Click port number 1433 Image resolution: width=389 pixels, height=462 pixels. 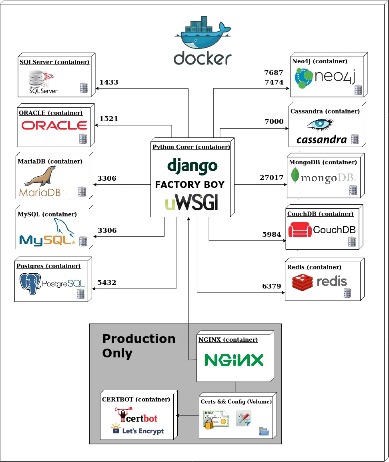click(x=109, y=82)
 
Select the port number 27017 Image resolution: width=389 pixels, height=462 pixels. click(x=271, y=178)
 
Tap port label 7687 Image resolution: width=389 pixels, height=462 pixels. click(x=274, y=73)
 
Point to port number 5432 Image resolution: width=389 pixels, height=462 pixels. click(x=107, y=282)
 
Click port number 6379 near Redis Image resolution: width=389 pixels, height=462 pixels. click(x=272, y=286)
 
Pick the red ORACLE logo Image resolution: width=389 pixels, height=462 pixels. click(x=54, y=125)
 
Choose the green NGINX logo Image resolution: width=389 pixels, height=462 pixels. click(x=234, y=360)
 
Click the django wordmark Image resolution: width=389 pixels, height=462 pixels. click(x=192, y=166)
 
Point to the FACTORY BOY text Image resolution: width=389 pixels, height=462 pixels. click(x=190, y=185)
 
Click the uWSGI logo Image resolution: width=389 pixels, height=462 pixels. click(x=192, y=203)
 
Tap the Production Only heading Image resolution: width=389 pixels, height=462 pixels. click(x=138, y=345)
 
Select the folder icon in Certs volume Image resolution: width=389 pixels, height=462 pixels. click(x=264, y=431)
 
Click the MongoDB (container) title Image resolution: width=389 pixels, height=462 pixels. click(x=323, y=162)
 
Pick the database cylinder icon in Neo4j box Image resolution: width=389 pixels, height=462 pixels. click(x=358, y=90)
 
